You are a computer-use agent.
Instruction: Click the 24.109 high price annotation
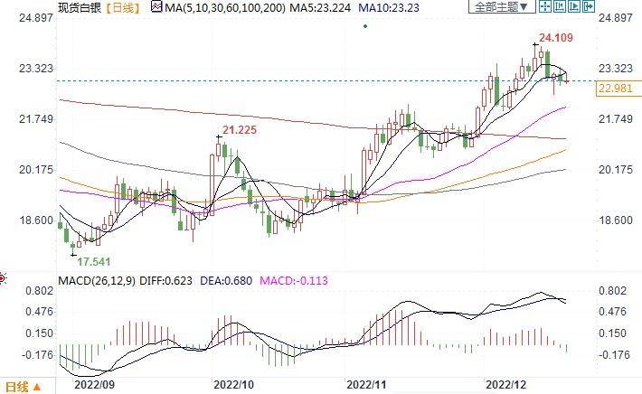point(557,38)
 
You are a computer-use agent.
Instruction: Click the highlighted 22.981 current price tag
point(619,88)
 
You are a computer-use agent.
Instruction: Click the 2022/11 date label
point(367,383)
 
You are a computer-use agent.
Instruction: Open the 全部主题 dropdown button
point(499,7)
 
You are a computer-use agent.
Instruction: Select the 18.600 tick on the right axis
point(616,220)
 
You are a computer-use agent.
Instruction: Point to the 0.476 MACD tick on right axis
point(612,312)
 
